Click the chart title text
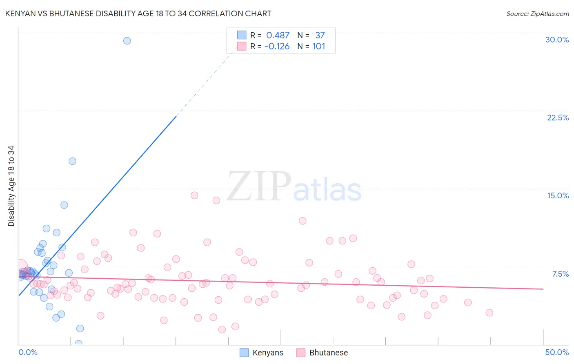tap(138, 14)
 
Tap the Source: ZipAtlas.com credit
tap(537, 14)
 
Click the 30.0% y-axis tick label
tap(557, 40)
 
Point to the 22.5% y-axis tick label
tap(558, 118)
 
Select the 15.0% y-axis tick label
tap(558, 195)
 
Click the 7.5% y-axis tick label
tap(560, 274)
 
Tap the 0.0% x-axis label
tap(28, 352)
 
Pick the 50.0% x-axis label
tap(557, 352)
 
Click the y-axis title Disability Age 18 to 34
tap(11, 186)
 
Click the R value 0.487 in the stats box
tap(278, 36)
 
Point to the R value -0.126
tap(277, 47)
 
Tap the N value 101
tap(318, 47)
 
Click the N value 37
tap(320, 36)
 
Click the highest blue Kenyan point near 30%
tap(127, 41)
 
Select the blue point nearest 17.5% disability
tap(72, 161)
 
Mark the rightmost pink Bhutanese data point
tap(489, 313)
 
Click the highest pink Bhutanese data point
tap(194, 195)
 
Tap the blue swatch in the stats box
tap(242, 35)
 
